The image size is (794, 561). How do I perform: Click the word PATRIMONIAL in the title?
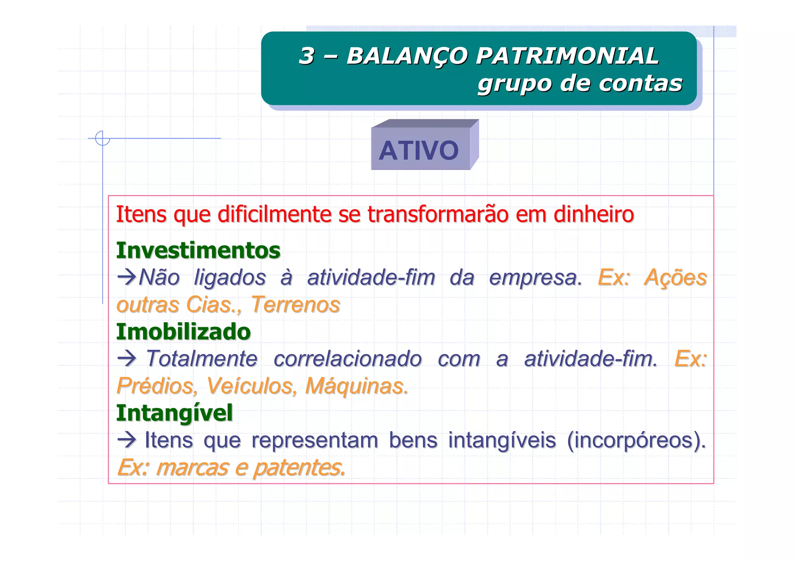coord(567,56)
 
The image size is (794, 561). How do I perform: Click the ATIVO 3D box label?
coord(419,150)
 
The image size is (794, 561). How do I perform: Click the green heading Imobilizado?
coord(183,332)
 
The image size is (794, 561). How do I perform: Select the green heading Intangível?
coord(174,413)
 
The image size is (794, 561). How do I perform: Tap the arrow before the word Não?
coord(126,277)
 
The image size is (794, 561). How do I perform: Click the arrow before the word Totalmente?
coord(126,359)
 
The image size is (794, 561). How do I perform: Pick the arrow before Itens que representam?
coord(126,440)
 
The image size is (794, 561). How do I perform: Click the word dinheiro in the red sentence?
coord(594,214)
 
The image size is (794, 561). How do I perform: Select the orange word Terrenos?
coord(295,304)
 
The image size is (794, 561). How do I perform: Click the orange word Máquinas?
coord(356,386)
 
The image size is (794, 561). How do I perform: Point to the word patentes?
coord(299,468)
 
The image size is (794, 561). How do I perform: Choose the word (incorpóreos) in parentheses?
coord(636,440)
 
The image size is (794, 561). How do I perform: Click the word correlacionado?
coord(347,359)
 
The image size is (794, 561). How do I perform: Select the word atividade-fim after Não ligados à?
coord(371,278)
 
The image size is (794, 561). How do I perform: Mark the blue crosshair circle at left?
coord(103,138)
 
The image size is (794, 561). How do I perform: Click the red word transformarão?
coord(438,214)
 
